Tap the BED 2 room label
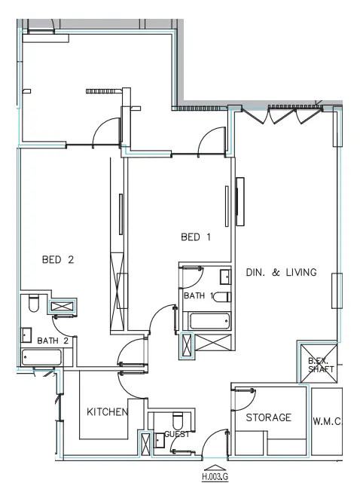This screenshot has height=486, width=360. (x=57, y=260)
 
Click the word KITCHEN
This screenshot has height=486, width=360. (x=107, y=412)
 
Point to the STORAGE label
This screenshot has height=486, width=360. (x=268, y=417)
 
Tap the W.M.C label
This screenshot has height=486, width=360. (x=328, y=422)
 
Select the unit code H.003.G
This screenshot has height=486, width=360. (x=215, y=477)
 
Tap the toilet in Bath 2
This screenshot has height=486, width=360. (x=32, y=304)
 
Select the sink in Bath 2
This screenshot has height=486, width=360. (x=26, y=334)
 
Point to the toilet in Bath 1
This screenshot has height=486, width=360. (x=221, y=297)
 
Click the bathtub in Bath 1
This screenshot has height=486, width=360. (x=209, y=321)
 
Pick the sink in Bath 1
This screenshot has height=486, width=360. (x=224, y=276)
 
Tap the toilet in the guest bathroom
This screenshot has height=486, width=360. (x=178, y=419)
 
